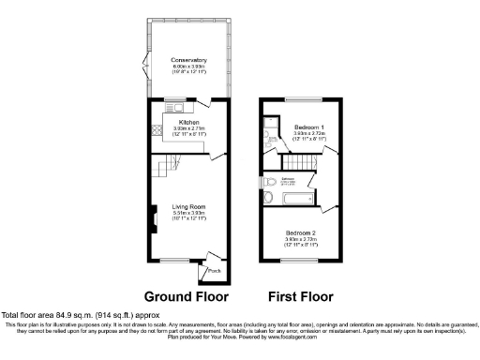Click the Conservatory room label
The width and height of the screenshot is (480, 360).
[x=188, y=61]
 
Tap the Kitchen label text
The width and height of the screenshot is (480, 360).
[x=188, y=122]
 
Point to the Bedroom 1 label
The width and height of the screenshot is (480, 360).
[x=309, y=127]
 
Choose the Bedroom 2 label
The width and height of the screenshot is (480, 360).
[x=301, y=232]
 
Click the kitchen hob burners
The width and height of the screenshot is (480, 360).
[x=158, y=132]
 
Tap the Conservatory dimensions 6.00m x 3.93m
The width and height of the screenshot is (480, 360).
[x=188, y=67]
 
